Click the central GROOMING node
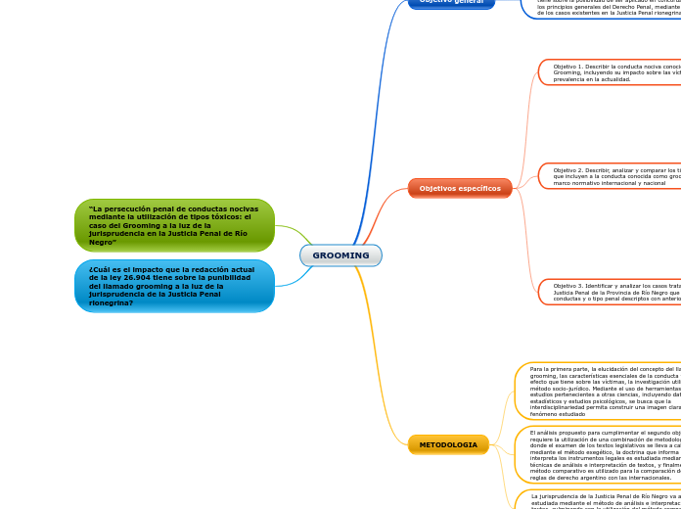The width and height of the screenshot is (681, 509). pos(340,255)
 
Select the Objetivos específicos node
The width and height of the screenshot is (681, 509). pos(460,188)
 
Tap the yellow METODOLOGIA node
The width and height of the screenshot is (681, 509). pos(448,445)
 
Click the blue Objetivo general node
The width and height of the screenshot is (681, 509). pos(451,2)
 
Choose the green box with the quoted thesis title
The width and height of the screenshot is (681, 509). pos(174,225)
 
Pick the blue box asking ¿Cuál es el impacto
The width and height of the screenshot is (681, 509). pos(174,286)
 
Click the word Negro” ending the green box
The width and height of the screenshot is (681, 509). pos(103,242)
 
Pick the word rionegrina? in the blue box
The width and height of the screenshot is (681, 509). pos(110,302)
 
